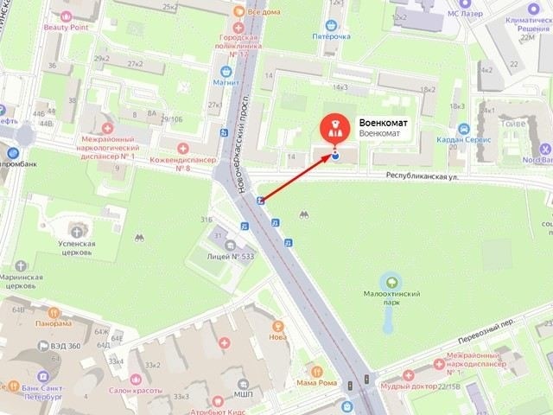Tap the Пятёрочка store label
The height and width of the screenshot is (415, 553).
(332, 36)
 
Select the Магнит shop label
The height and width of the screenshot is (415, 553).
(226, 83)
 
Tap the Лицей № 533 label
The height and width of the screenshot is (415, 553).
(230, 256)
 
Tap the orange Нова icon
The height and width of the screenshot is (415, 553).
(278, 326)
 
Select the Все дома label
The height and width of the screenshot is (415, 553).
(264, 12)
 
